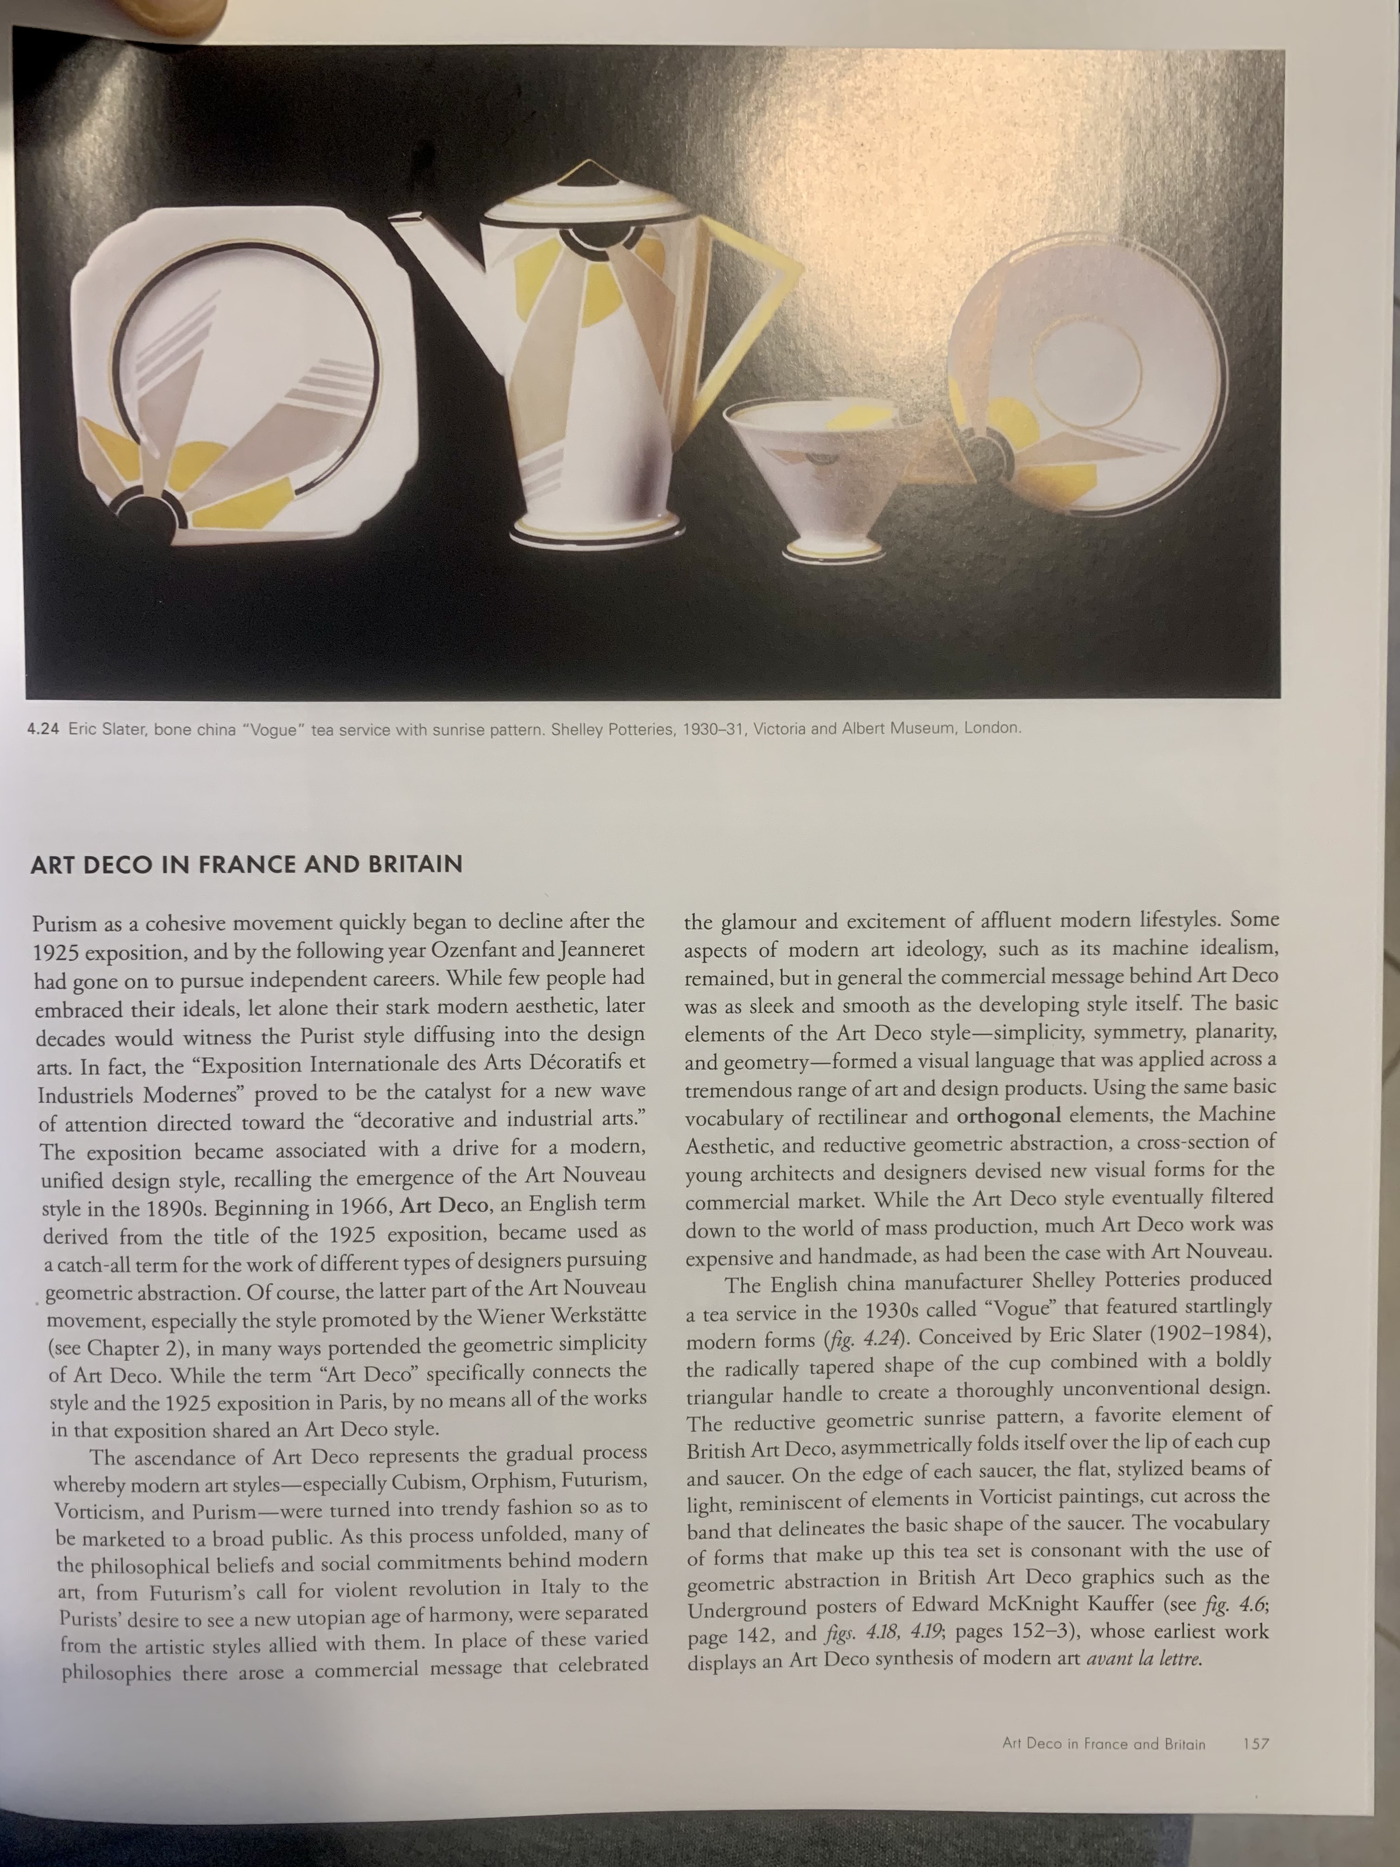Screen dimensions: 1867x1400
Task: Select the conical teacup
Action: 798,473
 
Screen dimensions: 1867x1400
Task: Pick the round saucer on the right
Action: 1088,380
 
